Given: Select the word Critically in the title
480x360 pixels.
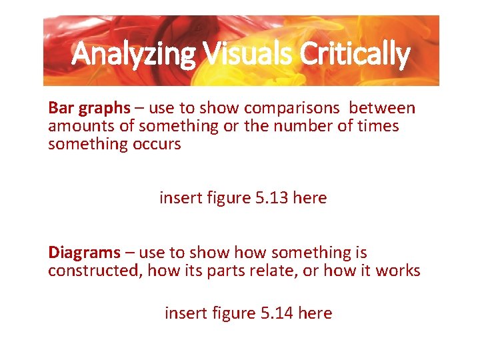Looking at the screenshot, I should (x=354, y=55).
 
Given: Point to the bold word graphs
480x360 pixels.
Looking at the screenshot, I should (x=103, y=109).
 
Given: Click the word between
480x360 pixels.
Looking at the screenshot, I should (x=382, y=108).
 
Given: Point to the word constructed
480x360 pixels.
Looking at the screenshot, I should (x=94, y=271).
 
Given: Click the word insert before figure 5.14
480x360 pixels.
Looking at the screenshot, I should (x=182, y=313).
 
